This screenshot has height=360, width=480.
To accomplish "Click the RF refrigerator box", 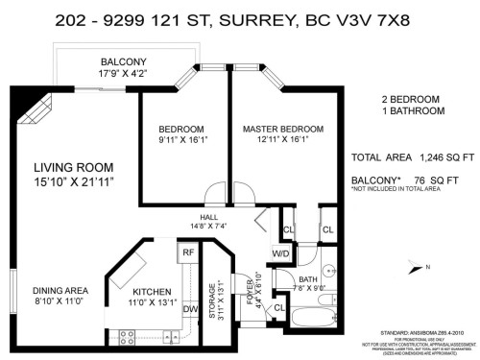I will [x=188, y=253].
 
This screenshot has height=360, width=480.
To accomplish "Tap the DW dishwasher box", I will [x=189, y=309].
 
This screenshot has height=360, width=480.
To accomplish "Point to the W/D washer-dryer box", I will [x=282, y=253].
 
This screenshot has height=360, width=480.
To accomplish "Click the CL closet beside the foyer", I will [x=277, y=307].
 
